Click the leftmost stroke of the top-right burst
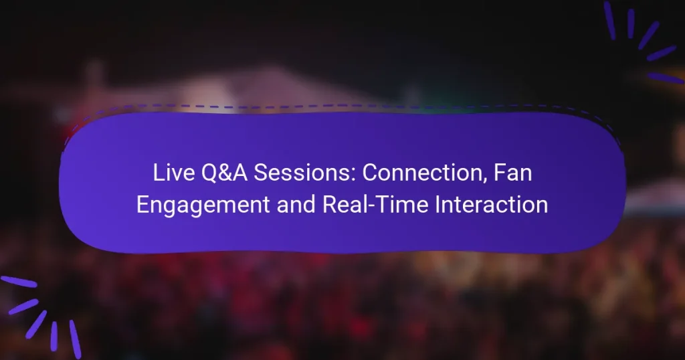(x=609, y=20)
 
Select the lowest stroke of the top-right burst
(x=666, y=78)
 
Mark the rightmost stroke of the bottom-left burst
(x=75, y=339)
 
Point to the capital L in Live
(x=158, y=174)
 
